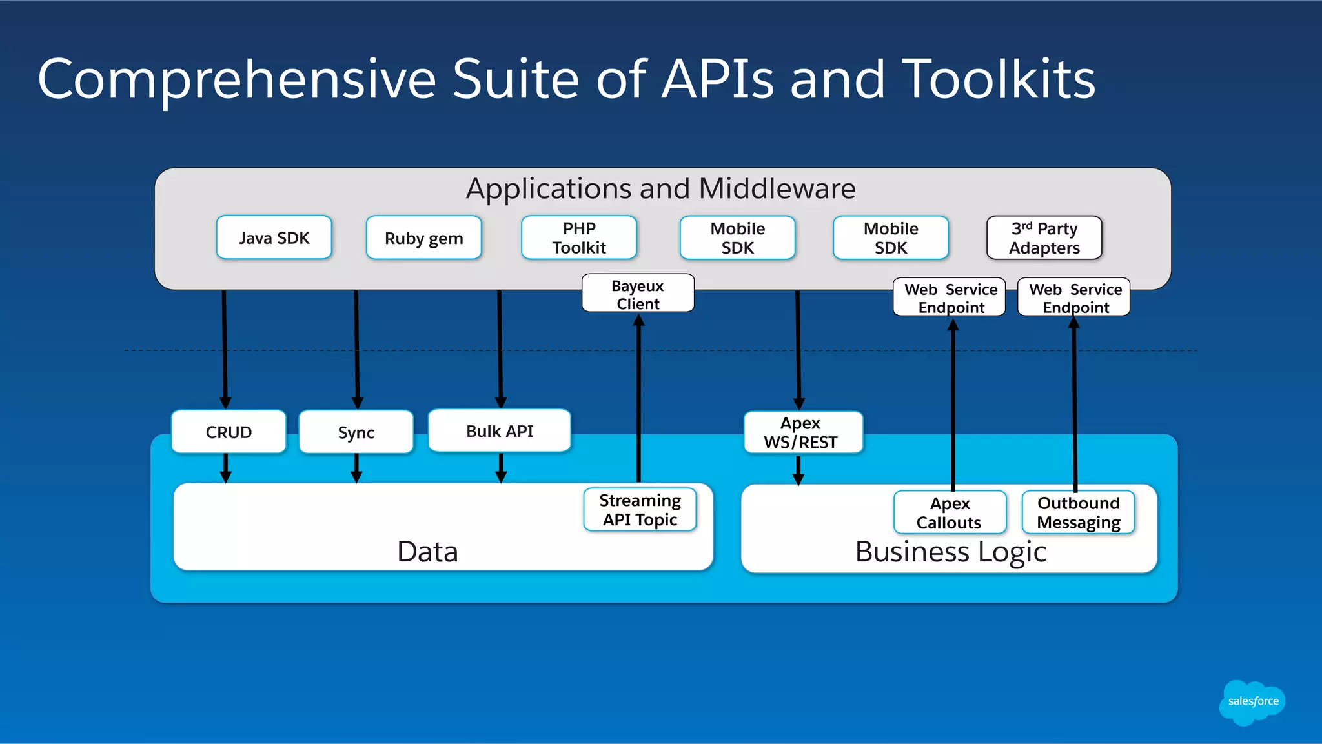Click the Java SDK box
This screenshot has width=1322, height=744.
(274, 237)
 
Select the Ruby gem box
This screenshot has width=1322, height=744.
(423, 237)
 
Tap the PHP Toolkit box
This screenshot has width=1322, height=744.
(578, 237)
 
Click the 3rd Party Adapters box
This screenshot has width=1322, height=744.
(1044, 237)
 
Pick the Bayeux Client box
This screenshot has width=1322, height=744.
(638, 294)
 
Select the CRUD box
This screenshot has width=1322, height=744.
(229, 432)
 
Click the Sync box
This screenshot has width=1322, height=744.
(356, 432)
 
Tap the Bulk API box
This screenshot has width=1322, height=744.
(499, 430)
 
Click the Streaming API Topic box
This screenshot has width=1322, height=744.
(640, 510)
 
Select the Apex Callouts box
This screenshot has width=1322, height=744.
(949, 512)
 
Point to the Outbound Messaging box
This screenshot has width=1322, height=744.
(1078, 512)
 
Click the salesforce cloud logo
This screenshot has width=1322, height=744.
(1252, 702)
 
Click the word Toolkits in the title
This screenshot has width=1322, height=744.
(998, 79)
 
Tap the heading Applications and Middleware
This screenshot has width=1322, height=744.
(660, 188)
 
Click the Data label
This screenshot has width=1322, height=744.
(427, 552)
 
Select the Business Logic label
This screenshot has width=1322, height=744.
(950, 552)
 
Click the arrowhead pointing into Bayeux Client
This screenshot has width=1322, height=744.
(638, 320)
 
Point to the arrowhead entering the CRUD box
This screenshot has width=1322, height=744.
(225, 403)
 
